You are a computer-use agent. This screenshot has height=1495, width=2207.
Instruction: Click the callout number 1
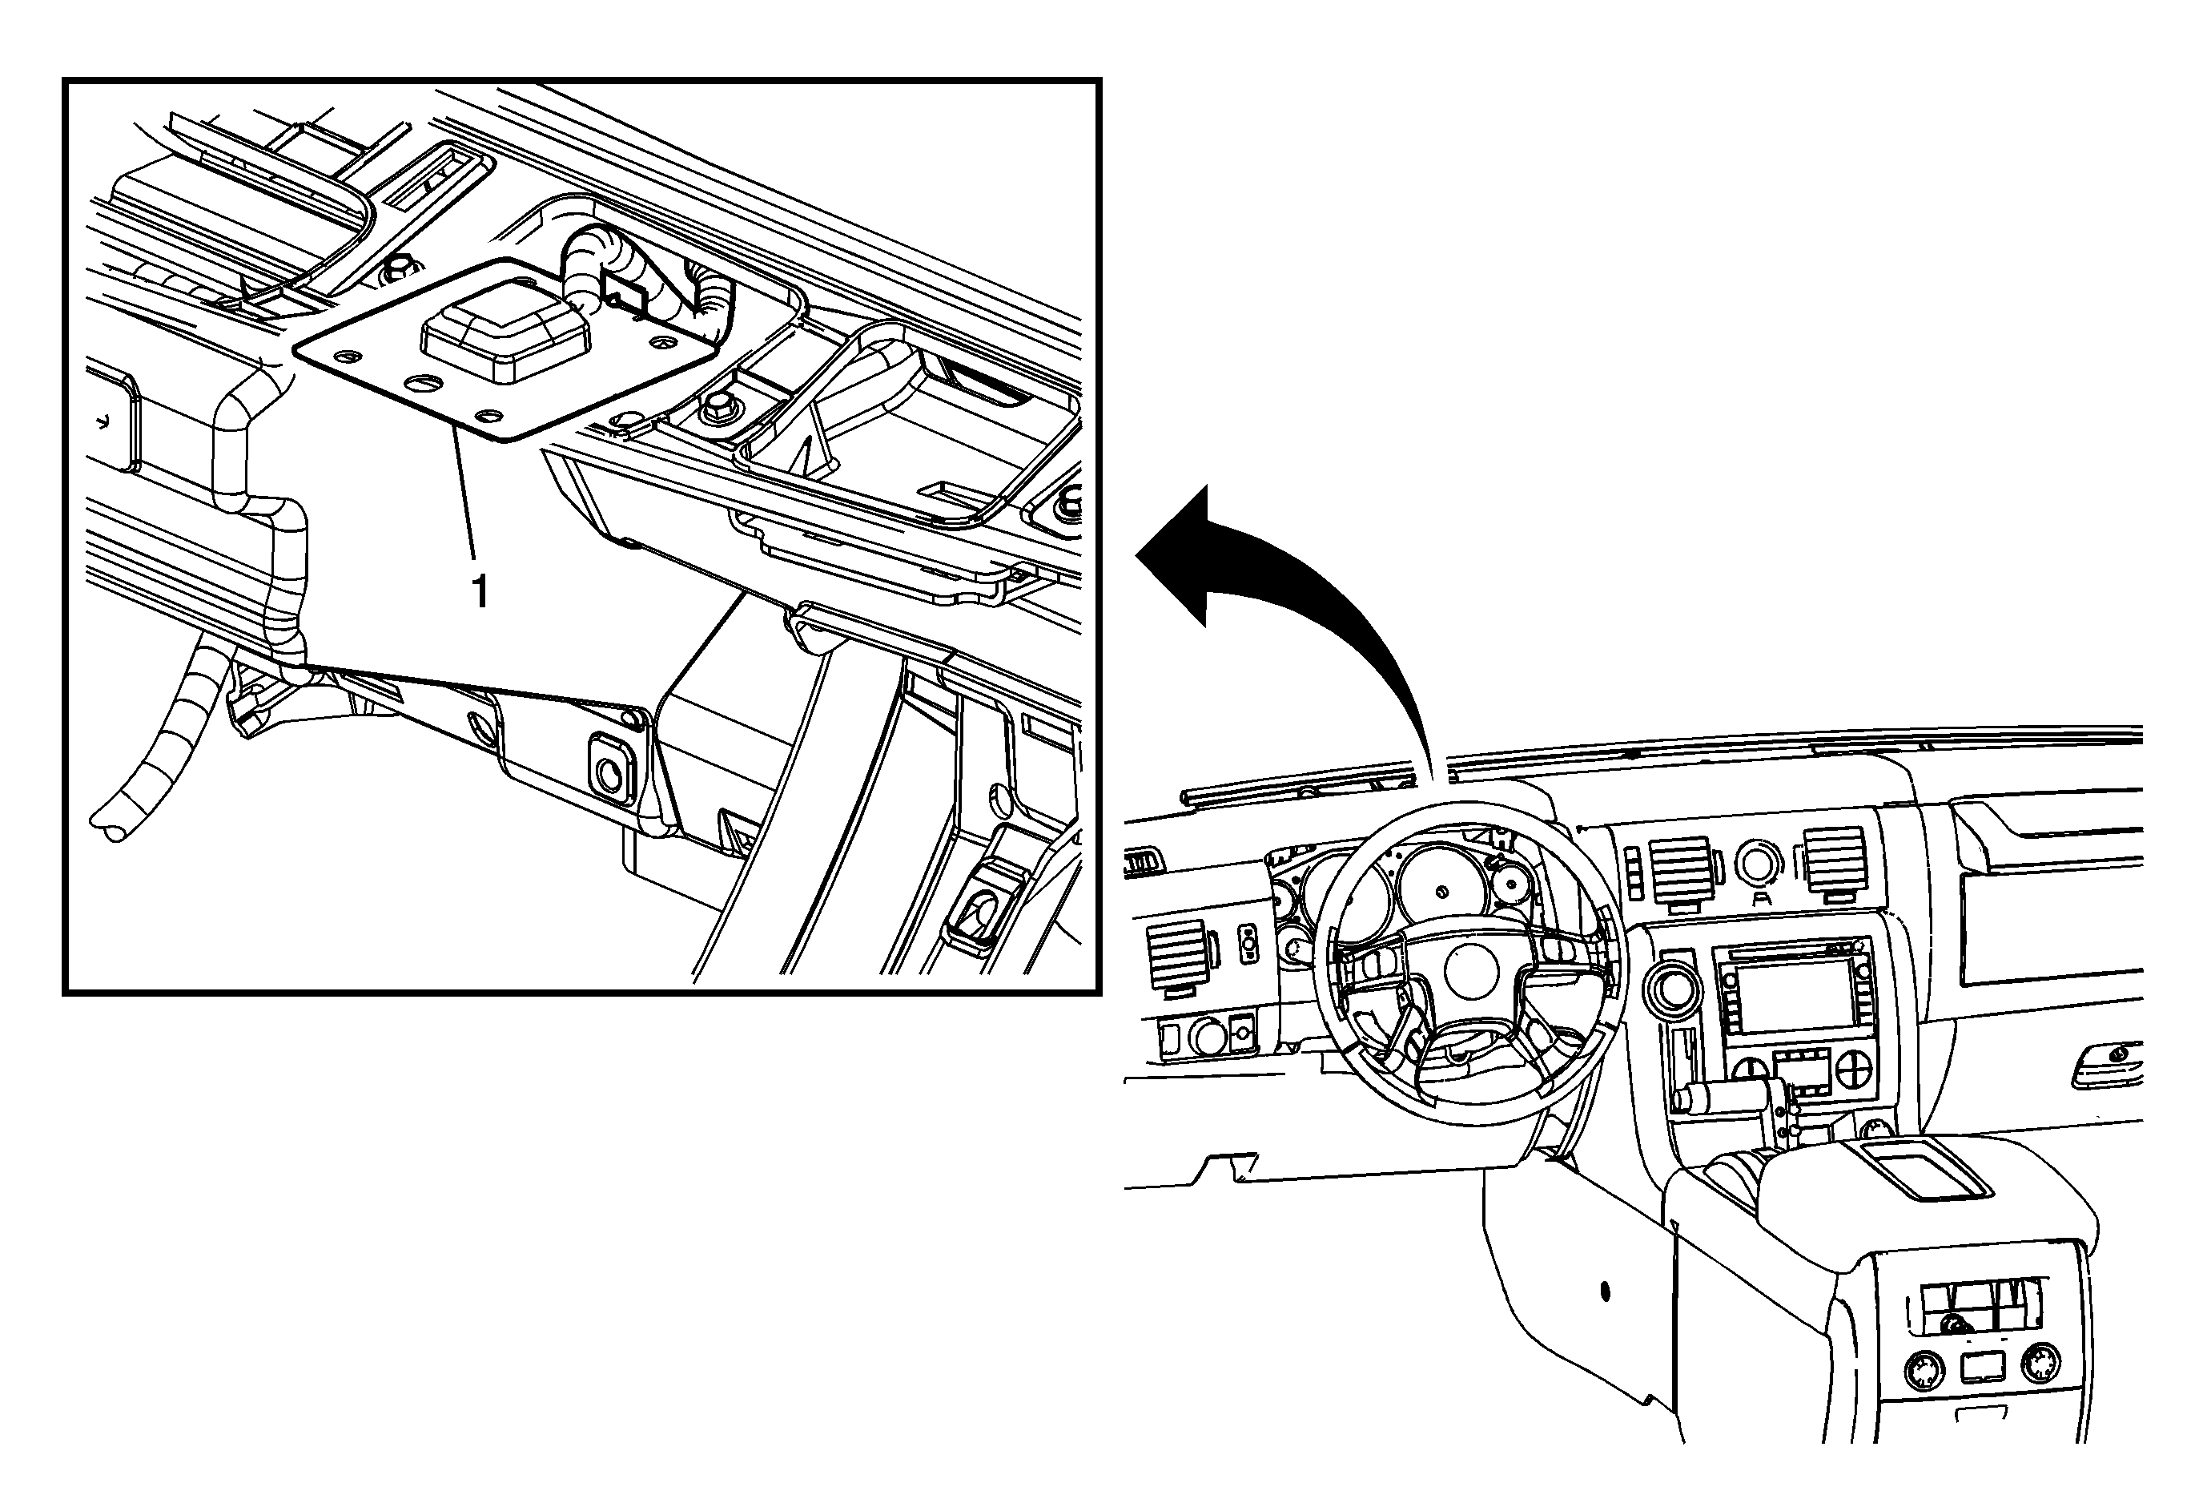pos(481,590)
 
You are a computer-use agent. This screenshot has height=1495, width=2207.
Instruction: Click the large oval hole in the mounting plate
pos(423,384)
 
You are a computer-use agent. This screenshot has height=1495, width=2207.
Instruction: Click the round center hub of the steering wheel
pos(1471,971)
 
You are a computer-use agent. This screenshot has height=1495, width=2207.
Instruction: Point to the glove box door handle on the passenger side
pos(2104,1062)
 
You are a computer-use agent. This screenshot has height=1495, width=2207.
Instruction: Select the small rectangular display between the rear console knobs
pos(1982,1368)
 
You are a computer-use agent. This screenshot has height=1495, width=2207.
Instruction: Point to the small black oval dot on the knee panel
pos(1605,1291)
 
